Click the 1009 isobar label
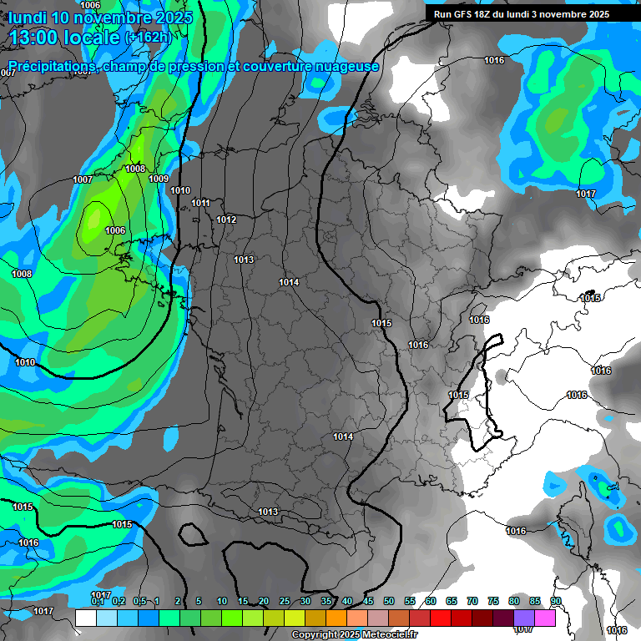pos(159,179)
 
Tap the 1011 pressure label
pos(200,203)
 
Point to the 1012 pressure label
pos(226,220)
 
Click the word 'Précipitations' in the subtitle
pos(52,66)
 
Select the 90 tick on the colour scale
pos(556,601)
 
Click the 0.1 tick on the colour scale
pos(97,601)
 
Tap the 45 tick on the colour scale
pos(368,601)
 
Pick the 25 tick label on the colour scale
pos(285,601)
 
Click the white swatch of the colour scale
pos(85,618)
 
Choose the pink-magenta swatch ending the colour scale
pos(546,618)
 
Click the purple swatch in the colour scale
pos(524,618)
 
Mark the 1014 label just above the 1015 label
pos(289,283)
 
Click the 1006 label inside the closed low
pos(115,231)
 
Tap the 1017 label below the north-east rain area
pos(586,194)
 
